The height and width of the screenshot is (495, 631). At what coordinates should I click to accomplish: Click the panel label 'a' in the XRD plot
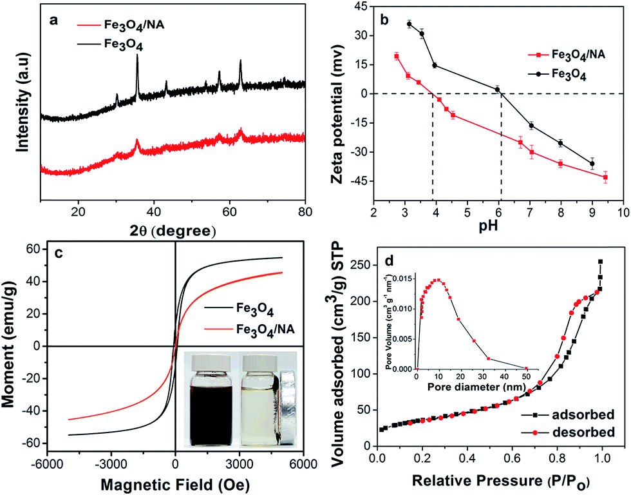click(53, 20)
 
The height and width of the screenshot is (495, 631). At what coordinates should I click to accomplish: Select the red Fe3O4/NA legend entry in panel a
click(121, 25)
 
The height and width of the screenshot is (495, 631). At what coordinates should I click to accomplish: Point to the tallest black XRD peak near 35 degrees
click(137, 56)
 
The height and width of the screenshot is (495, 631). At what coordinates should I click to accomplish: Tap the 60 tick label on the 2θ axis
click(229, 211)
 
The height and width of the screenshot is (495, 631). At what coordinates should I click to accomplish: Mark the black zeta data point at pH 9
click(592, 164)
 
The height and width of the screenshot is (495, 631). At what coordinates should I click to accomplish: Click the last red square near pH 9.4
click(605, 177)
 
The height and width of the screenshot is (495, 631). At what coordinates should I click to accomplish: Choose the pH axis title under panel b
click(488, 226)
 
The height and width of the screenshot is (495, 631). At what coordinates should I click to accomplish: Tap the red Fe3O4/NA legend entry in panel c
click(250, 329)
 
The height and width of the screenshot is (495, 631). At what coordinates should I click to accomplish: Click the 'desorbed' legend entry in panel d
click(568, 432)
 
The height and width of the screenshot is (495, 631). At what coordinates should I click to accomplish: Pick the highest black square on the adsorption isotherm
click(600, 262)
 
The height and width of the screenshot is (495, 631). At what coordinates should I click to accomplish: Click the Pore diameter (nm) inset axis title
click(476, 387)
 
